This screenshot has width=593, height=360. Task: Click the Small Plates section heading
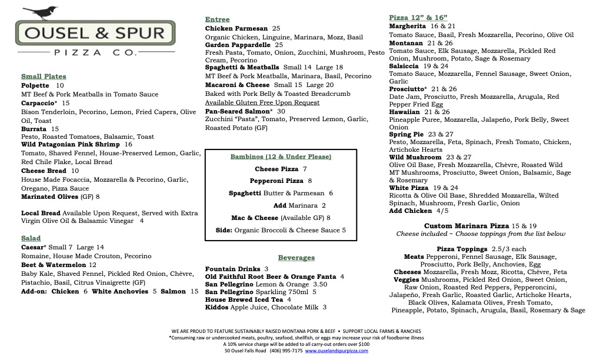click(x=44, y=76)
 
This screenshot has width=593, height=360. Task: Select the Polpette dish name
click(x=35, y=85)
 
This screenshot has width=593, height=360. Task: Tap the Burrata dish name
click(x=34, y=129)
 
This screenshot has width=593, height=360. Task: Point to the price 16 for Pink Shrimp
click(x=128, y=144)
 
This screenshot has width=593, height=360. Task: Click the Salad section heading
click(x=31, y=238)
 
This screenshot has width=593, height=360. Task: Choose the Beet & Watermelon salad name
click(x=54, y=265)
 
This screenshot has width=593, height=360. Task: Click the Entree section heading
click(x=217, y=19)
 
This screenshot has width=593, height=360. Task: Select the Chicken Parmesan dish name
click(x=236, y=28)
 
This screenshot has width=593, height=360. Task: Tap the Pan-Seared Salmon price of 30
click(x=281, y=111)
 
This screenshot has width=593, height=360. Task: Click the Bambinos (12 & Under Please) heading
click(x=281, y=157)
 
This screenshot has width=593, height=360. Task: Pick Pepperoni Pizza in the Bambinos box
click(x=276, y=181)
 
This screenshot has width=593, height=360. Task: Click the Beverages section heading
click(x=296, y=258)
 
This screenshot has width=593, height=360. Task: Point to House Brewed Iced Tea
click(x=243, y=299)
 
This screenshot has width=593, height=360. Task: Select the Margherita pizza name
click(x=407, y=26)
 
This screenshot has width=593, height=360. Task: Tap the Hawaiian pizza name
click(x=404, y=112)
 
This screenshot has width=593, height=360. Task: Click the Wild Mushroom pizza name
click(x=415, y=158)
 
